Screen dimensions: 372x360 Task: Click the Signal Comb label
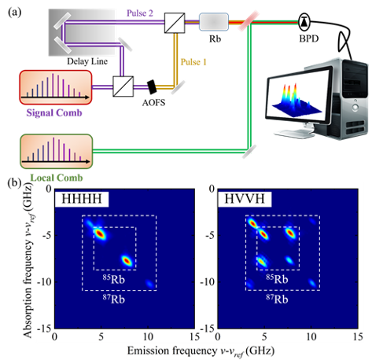[54, 113]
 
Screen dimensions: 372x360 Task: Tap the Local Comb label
[57, 178]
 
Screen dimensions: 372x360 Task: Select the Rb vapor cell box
[214, 22]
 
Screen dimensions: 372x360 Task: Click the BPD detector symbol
[304, 22]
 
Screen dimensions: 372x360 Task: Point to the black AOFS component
[152, 87]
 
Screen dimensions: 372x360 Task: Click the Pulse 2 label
[140, 13]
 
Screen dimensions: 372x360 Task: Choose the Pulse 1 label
[193, 62]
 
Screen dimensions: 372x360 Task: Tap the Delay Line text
[87, 61]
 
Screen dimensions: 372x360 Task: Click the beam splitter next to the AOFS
[123, 86]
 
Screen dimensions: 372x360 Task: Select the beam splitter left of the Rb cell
[175, 23]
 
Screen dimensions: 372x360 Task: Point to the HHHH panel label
[82, 199]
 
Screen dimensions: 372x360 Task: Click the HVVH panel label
[245, 199]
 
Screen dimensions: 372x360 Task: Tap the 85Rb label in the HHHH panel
[114, 279]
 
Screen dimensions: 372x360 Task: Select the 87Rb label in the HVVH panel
[277, 299]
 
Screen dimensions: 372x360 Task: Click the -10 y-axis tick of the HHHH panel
[45, 282]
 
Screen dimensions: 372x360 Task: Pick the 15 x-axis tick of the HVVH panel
[358, 336]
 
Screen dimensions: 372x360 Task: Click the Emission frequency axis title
[201, 351]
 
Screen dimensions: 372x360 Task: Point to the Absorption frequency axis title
[28, 260]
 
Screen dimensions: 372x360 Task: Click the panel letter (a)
[15, 13]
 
